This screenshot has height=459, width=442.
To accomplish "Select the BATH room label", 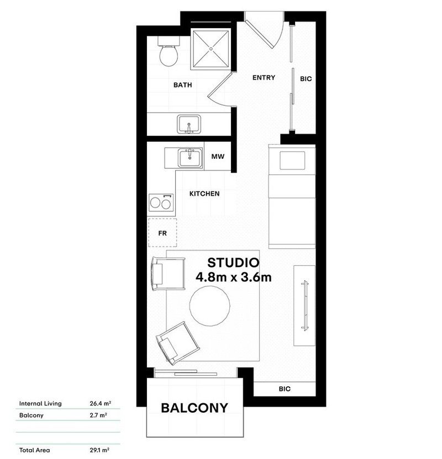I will coord(182,85).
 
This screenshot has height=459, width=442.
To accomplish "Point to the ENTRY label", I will coord(264,78).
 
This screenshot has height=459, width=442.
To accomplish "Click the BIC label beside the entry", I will coord(306,79).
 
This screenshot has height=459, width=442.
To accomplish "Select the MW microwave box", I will coord(218,157).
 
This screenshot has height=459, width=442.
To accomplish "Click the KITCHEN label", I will coord(204,194).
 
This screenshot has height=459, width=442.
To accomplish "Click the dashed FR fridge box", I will coord(162,233).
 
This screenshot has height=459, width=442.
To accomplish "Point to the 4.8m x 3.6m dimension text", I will coord(233,277).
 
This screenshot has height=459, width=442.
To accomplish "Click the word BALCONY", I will coord(194,408).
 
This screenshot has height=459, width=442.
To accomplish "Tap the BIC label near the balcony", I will coord(284,389).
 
